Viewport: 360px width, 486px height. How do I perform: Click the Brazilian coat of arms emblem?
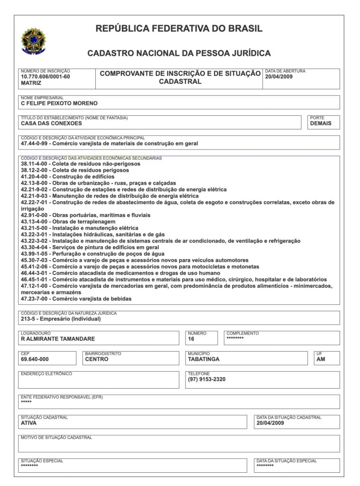pyautogui.click(x=32, y=41)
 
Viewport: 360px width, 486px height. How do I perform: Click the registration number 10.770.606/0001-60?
pyautogui.click(x=45, y=76)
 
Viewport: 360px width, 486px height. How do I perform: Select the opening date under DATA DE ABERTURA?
pyautogui.click(x=279, y=76)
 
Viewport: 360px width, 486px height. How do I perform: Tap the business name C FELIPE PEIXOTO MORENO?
pyautogui.click(x=59, y=103)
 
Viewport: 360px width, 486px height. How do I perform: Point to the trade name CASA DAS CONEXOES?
pyautogui.click(x=51, y=123)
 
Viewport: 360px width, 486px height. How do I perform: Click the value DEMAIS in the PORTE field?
pyautogui.click(x=321, y=123)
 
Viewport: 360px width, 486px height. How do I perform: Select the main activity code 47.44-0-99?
pyautogui.click(x=35, y=143)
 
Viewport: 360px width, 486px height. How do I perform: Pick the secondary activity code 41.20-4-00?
pyautogui.click(x=35, y=177)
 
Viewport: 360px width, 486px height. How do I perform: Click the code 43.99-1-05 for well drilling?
pyautogui.click(x=35, y=254)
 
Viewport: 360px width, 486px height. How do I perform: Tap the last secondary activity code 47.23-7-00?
pyautogui.click(x=35, y=299)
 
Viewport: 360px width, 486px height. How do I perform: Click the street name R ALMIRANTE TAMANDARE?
pyautogui.click(x=58, y=339)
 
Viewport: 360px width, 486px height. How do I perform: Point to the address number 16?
pyautogui.click(x=191, y=339)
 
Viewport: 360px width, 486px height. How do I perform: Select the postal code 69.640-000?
pyautogui.click(x=35, y=359)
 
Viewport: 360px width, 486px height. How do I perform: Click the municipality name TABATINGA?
pyautogui.click(x=203, y=359)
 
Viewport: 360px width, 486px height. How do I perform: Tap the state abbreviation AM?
pyautogui.click(x=321, y=359)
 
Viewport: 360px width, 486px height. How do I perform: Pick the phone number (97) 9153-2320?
pyautogui.click(x=207, y=379)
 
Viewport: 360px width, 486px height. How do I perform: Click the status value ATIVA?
pyautogui.click(x=29, y=423)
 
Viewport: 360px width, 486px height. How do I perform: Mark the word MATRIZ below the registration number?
pyautogui.click(x=31, y=83)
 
